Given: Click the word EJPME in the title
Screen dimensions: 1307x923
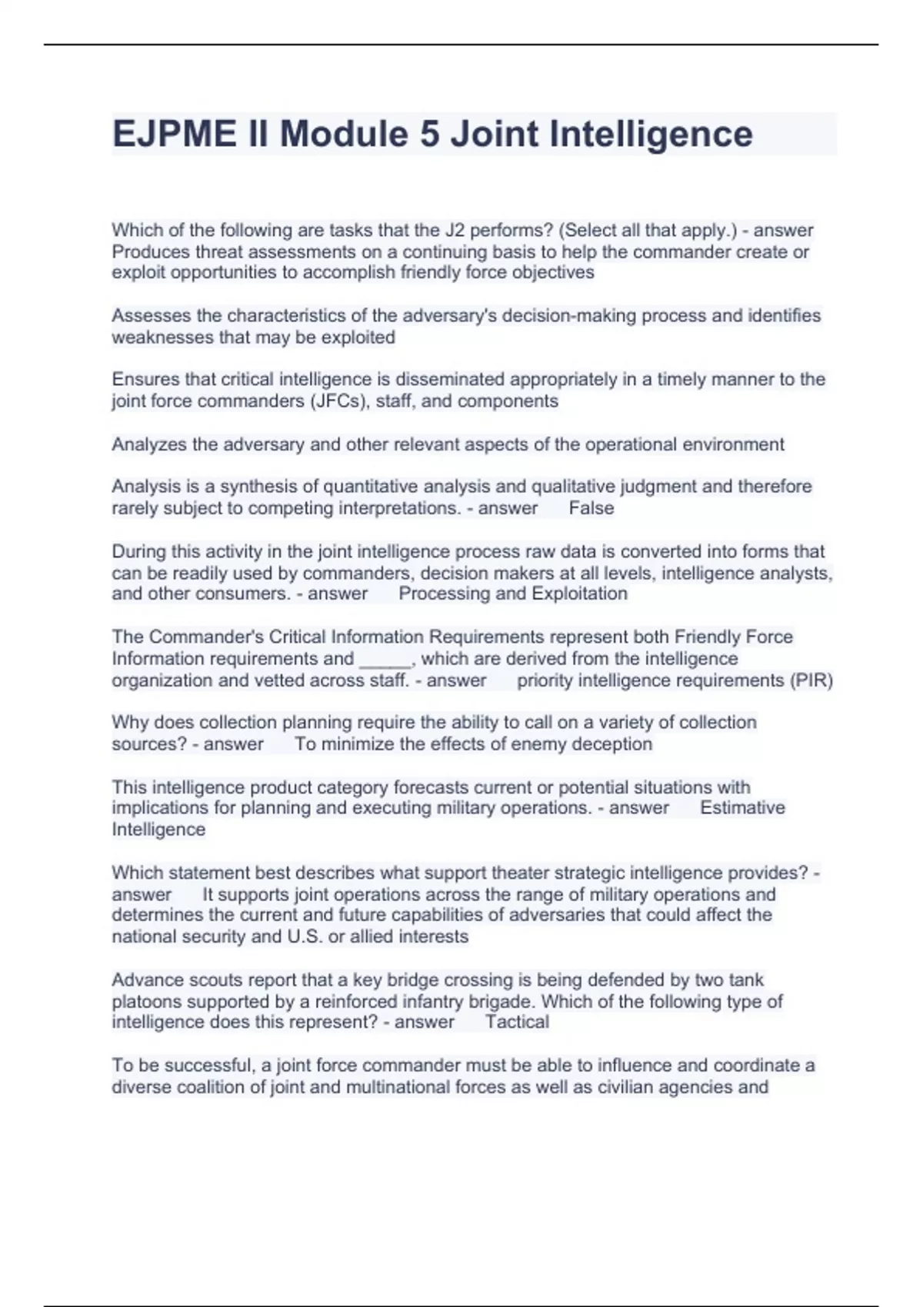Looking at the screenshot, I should [175, 134].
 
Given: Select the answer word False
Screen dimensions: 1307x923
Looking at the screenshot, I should [591, 508].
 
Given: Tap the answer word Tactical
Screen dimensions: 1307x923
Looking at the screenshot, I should [517, 1023].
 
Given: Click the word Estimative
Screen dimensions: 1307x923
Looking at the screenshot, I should [742, 808].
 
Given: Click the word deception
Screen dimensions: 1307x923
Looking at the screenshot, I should [615, 744].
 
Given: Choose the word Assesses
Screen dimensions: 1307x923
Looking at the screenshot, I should [146, 316].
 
